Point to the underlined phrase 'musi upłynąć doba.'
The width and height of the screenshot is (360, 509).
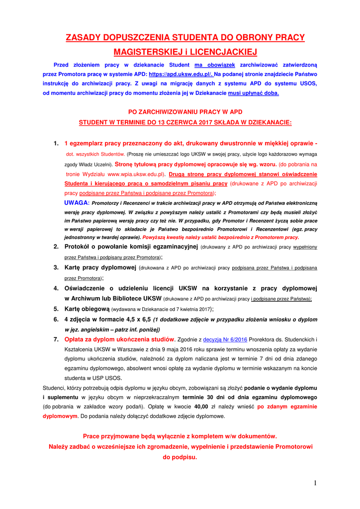tap(254, 93)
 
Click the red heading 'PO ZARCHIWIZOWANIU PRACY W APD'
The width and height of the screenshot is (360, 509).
tap(185, 112)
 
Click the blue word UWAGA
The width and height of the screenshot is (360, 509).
tap(76, 203)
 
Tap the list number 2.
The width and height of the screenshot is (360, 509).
tap(56, 247)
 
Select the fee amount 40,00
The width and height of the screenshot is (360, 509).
tap(201, 406)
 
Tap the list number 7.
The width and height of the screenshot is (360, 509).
tap(56, 339)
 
